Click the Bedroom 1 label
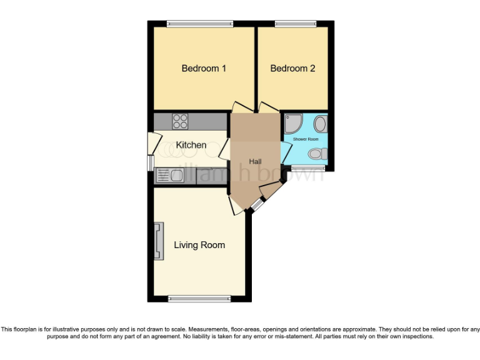pos(204,68)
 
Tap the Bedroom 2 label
pos(292,68)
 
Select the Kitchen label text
pos(191,145)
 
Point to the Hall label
pos(255,161)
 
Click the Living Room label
pos(199,245)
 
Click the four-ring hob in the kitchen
pos(181,121)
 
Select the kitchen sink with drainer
pos(172,176)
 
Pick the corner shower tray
pos(292,123)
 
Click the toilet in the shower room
pos(317,154)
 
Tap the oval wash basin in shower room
pos(319,123)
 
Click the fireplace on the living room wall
pos(159,241)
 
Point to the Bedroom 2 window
pos(292,24)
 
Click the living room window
pos(199,299)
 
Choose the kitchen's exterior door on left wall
pos(151,143)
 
